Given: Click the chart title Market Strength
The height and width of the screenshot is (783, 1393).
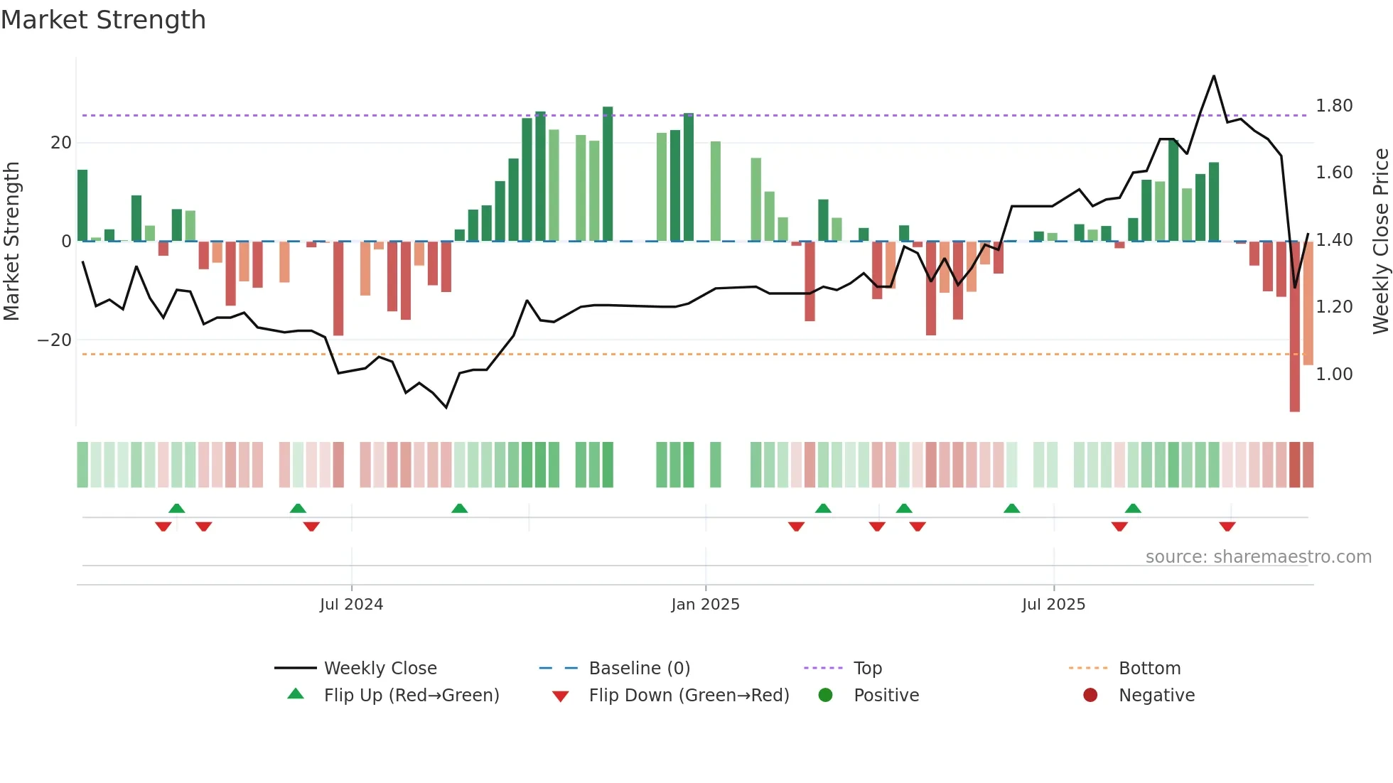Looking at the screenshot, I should (104, 20).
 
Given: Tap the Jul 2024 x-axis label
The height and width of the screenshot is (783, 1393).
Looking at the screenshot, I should (351, 605).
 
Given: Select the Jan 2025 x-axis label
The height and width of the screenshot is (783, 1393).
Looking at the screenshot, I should (705, 605).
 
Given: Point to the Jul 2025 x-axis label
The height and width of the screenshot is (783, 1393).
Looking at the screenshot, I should (1053, 605).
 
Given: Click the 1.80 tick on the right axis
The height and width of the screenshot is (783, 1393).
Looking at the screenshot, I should (1334, 106).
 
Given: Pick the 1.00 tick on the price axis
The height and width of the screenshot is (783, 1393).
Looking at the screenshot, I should (1334, 374).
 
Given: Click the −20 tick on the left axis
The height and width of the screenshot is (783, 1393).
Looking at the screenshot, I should (54, 340).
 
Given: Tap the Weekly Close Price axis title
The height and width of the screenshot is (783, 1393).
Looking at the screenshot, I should (1380, 242).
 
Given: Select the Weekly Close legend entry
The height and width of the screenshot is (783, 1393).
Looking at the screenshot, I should (380, 669).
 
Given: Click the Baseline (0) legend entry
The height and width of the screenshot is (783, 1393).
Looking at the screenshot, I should (639, 669).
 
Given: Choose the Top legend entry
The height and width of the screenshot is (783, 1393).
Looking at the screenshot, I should (867, 669).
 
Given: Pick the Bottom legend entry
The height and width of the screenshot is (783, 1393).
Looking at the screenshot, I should (1149, 669).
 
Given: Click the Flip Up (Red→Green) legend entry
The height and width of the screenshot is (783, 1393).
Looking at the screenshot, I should (411, 696).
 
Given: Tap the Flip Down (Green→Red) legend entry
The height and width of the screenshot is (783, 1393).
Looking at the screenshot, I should (688, 696).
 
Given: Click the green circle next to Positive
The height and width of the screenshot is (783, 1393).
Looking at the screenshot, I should (825, 696).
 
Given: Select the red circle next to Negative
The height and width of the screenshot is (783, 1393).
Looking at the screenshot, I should (1090, 696).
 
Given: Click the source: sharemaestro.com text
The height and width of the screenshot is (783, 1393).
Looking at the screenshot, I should (1258, 557).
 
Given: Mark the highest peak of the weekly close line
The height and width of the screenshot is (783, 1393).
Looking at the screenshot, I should (1214, 76).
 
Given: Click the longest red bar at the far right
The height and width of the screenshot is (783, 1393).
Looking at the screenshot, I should (1295, 327).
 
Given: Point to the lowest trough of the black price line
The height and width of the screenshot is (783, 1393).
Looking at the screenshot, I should (446, 407).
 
